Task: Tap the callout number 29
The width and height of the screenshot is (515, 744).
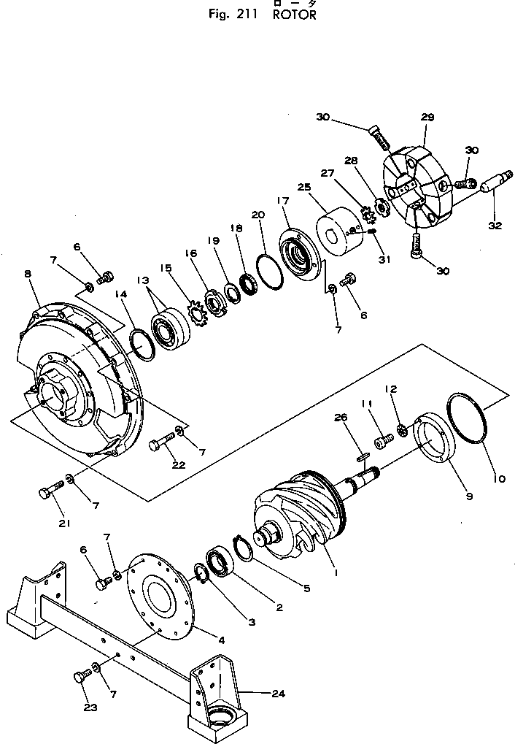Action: (x=427, y=117)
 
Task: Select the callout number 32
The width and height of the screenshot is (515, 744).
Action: (x=495, y=226)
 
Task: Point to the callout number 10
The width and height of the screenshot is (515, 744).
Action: (x=498, y=479)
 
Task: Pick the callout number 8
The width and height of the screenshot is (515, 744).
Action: (x=27, y=274)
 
